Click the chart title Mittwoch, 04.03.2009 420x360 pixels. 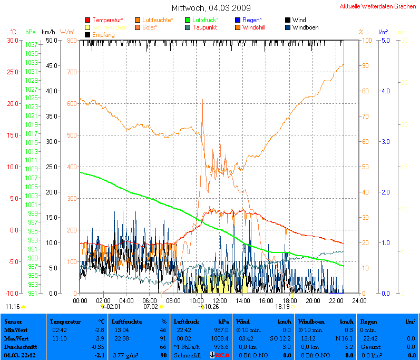211,8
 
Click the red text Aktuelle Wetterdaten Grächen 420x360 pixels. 377,6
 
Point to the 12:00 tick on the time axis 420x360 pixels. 219,300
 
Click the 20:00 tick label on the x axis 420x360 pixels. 312,300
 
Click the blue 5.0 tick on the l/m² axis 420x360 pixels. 385,40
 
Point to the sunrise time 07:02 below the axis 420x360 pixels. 151,306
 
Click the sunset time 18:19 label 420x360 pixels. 282,306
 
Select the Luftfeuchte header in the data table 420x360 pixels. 127,320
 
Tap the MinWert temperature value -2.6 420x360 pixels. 99,329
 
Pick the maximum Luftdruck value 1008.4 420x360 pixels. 220,338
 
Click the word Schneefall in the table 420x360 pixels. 187,356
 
